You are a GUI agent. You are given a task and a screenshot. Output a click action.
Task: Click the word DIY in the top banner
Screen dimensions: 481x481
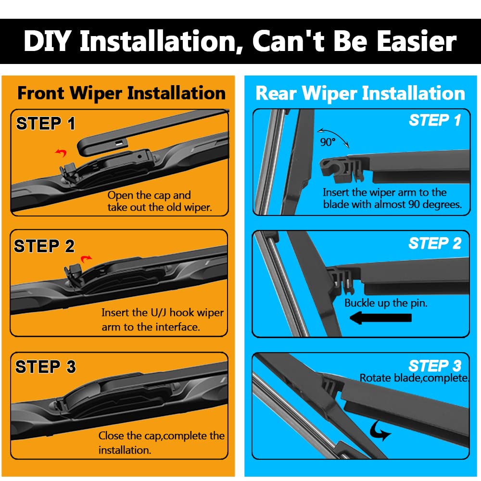[48, 41]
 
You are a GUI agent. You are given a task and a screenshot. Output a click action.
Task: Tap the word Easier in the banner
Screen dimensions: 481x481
[417, 41]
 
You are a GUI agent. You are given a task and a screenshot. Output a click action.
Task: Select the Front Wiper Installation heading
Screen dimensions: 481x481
[122, 94]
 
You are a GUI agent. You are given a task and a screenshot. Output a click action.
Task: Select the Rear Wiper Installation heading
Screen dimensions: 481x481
[360, 94]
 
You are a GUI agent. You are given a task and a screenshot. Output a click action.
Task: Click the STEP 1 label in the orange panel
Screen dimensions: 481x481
[46, 124]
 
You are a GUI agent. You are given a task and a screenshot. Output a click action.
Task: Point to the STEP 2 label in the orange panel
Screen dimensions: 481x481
[44, 246]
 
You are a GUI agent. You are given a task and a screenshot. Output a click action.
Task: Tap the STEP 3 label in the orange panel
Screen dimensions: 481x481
[45, 367]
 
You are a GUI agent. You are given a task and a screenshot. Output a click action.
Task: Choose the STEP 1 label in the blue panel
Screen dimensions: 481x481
[435, 120]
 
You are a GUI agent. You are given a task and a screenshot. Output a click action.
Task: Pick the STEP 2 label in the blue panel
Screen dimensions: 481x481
[435, 243]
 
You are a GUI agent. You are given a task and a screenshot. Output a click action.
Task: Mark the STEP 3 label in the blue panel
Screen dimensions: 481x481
[435, 366]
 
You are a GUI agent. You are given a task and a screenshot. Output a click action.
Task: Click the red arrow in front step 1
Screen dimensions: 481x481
[62, 152]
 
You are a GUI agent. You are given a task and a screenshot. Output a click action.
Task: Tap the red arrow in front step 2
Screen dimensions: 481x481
[86, 259]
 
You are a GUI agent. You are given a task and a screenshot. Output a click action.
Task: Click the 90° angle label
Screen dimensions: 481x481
[328, 142]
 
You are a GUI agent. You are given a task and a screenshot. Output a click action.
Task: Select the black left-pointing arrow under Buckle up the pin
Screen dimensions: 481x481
[380, 318]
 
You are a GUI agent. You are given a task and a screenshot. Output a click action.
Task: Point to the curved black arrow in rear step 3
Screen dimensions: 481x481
[379, 431]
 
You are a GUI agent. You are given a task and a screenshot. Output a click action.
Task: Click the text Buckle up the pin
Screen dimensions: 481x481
[386, 303]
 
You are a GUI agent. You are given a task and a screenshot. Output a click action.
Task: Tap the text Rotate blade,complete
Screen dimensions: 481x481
[414, 378]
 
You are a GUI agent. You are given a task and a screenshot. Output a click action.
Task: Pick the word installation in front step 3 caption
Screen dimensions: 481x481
[125, 450]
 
